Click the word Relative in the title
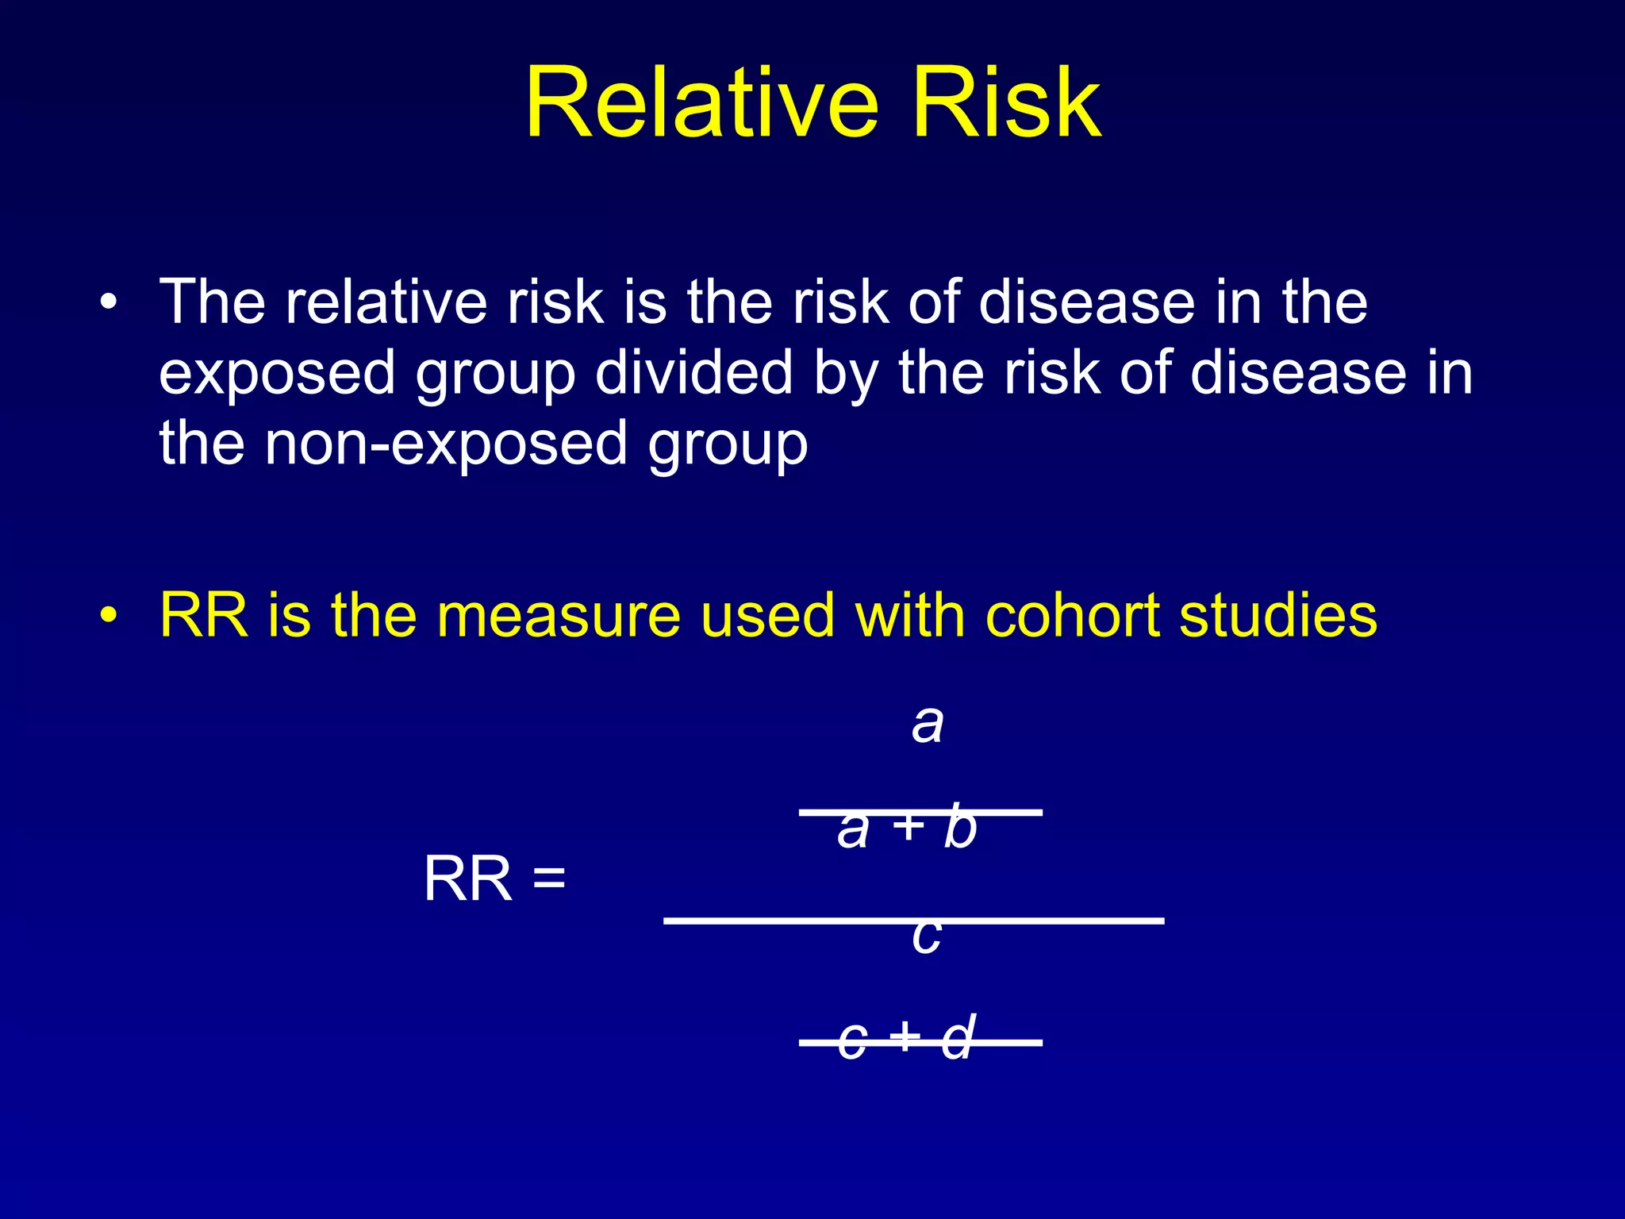[701, 103]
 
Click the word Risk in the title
[1006, 103]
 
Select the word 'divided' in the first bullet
[693, 372]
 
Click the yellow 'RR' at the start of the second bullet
[204, 615]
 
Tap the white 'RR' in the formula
[468, 879]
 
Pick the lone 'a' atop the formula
[927, 724]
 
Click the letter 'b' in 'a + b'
[960, 827]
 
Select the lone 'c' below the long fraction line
[926, 936]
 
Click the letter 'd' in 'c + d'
[958, 1037]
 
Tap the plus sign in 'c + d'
[905, 1036]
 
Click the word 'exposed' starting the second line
[276, 374]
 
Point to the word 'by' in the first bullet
[846, 374]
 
